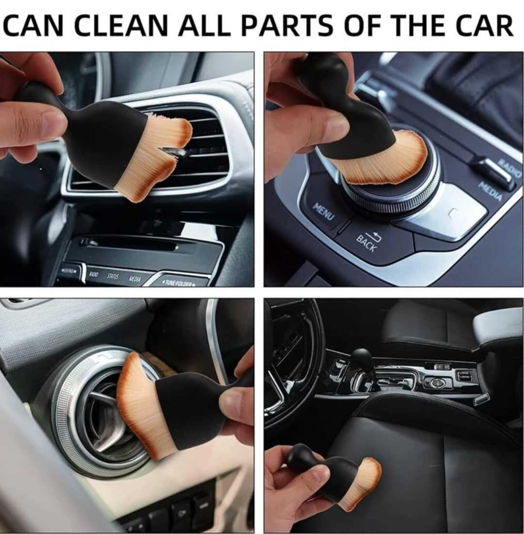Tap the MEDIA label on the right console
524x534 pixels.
[x=490, y=190]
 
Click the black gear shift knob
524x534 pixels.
[x=361, y=359]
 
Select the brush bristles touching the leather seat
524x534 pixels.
[x=366, y=483]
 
